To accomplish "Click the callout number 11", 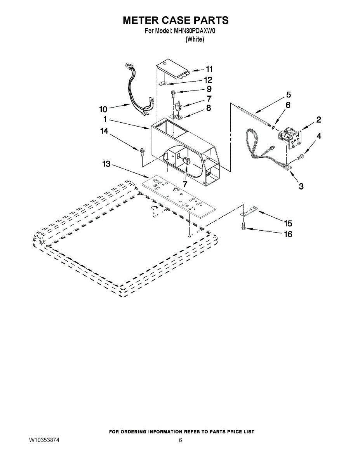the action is click(x=209, y=69).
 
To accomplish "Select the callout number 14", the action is click(x=104, y=131).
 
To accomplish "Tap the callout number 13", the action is click(x=106, y=164).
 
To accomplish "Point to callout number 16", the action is click(x=288, y=234).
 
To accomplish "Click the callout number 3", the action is click(x=301, y=186).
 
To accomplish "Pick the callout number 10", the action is click(x=103, y=110).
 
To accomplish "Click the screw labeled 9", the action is click(x=172, y=94).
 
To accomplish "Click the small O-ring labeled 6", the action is click(x=273, y=128).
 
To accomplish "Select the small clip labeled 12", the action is click(x=163, y=83).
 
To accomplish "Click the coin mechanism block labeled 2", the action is click(x=289, y=138).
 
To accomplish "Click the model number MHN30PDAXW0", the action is click(x=194, y=31).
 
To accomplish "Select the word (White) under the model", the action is click(x=195, y=39).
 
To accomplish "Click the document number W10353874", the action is click(x=44, y=440).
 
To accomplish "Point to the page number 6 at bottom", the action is click(x=180, y=440).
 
